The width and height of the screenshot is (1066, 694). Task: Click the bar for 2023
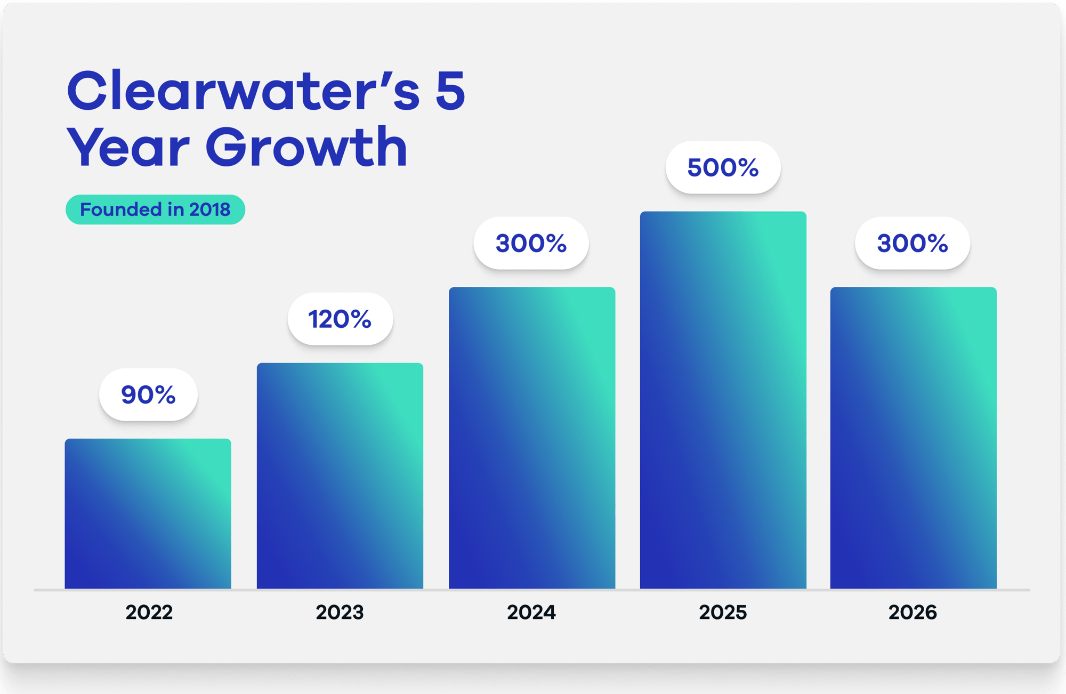(x=340, y=475)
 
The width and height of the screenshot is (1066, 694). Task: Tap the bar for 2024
(x=531, y=438)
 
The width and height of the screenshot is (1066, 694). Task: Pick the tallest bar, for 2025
(x=723, y=400)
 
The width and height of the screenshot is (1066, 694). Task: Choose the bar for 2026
(x=913, y=438)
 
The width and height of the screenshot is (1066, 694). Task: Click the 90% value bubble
(x=148, y=394)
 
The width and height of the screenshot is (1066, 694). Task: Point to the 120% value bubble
(x=340, y=319)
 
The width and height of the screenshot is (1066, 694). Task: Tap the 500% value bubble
(x=723, y=167)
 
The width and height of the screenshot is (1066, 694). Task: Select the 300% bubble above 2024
(x=531, y=243)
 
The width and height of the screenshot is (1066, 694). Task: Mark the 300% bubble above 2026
(x=912, y=243)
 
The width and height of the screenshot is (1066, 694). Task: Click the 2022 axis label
(x=149, y=612)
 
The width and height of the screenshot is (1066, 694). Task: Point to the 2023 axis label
(x=340, y=612)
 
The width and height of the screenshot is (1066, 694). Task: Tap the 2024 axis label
(x=531, y=612)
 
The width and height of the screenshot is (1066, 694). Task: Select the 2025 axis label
(x=723, y=612)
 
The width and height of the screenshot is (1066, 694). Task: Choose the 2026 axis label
(x=912, y=612)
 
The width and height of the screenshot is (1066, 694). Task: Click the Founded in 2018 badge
(x=155, y=209)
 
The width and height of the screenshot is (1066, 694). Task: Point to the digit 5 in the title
(x=450, y=91)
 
